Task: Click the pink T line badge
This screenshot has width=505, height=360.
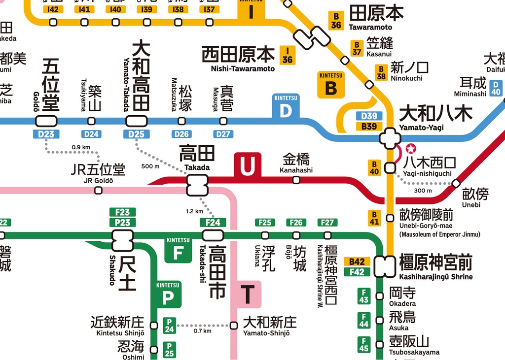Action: pos(248,295)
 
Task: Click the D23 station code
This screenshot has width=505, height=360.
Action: pos(46,134)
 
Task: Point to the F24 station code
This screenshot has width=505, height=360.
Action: pos(213,223)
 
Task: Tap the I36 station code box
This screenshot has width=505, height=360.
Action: pos(287,55)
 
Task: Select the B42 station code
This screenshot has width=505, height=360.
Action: pos(357,262)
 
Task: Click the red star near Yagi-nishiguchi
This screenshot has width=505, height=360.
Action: pos(410,148)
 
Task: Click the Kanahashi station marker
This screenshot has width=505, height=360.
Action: pos(296,180)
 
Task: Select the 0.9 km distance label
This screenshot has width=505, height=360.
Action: pos(81,147)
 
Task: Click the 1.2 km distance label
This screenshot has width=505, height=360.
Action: pos(194,211)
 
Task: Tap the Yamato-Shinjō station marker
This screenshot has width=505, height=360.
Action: pos(234,325)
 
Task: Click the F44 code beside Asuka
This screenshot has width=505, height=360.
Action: pos(364,321)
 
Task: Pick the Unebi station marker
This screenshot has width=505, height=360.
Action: pos(456,184)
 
